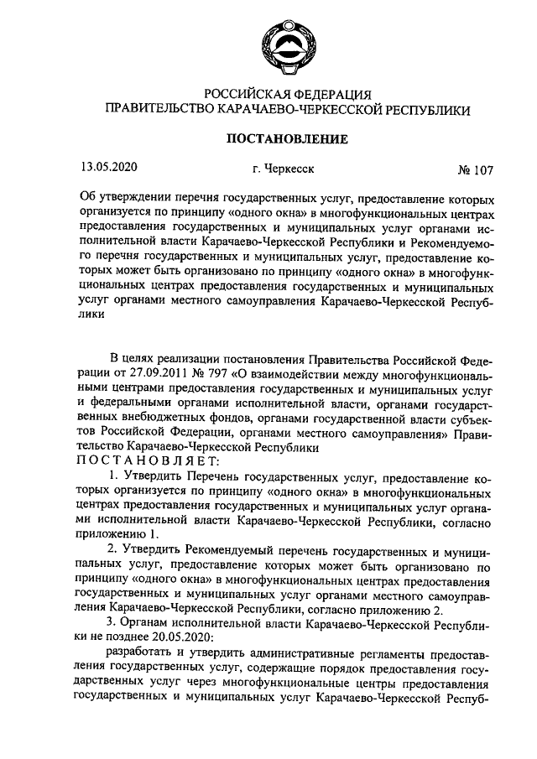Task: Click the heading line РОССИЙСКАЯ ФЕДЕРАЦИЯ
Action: click(286, 94)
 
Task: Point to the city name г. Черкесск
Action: click(284, 169)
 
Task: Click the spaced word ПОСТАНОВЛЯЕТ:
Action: click(149, 460)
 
